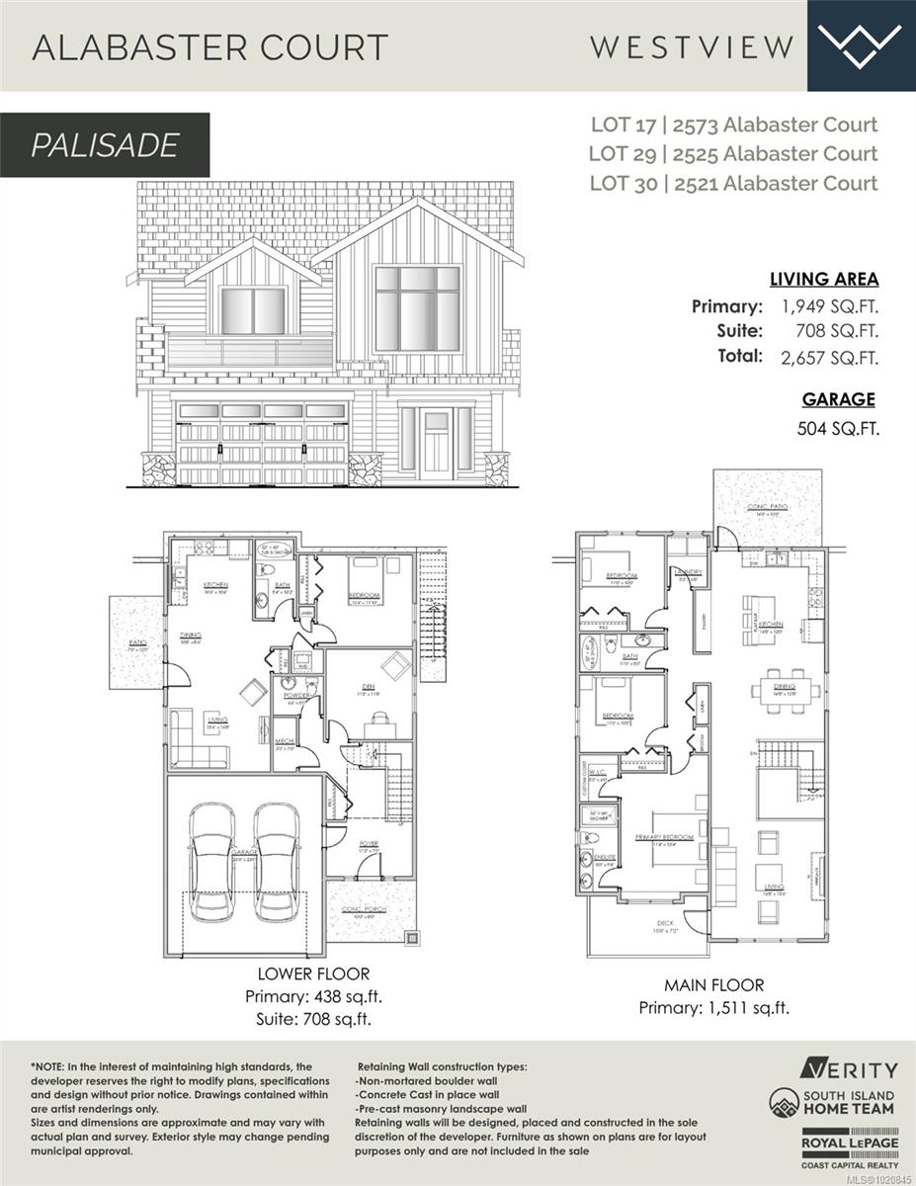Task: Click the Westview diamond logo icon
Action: click(861, 44)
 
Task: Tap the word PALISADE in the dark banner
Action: click(105, 145)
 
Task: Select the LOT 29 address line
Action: click(732, 153)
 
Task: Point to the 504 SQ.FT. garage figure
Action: click(837, 429)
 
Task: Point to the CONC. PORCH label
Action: click(365, 909)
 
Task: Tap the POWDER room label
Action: click(296, 696)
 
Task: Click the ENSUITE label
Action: click(605, 857)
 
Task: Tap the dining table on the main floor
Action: click(786, 686)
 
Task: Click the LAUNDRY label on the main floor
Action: click(689, 571)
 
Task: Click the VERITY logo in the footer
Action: click(849, 1069)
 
